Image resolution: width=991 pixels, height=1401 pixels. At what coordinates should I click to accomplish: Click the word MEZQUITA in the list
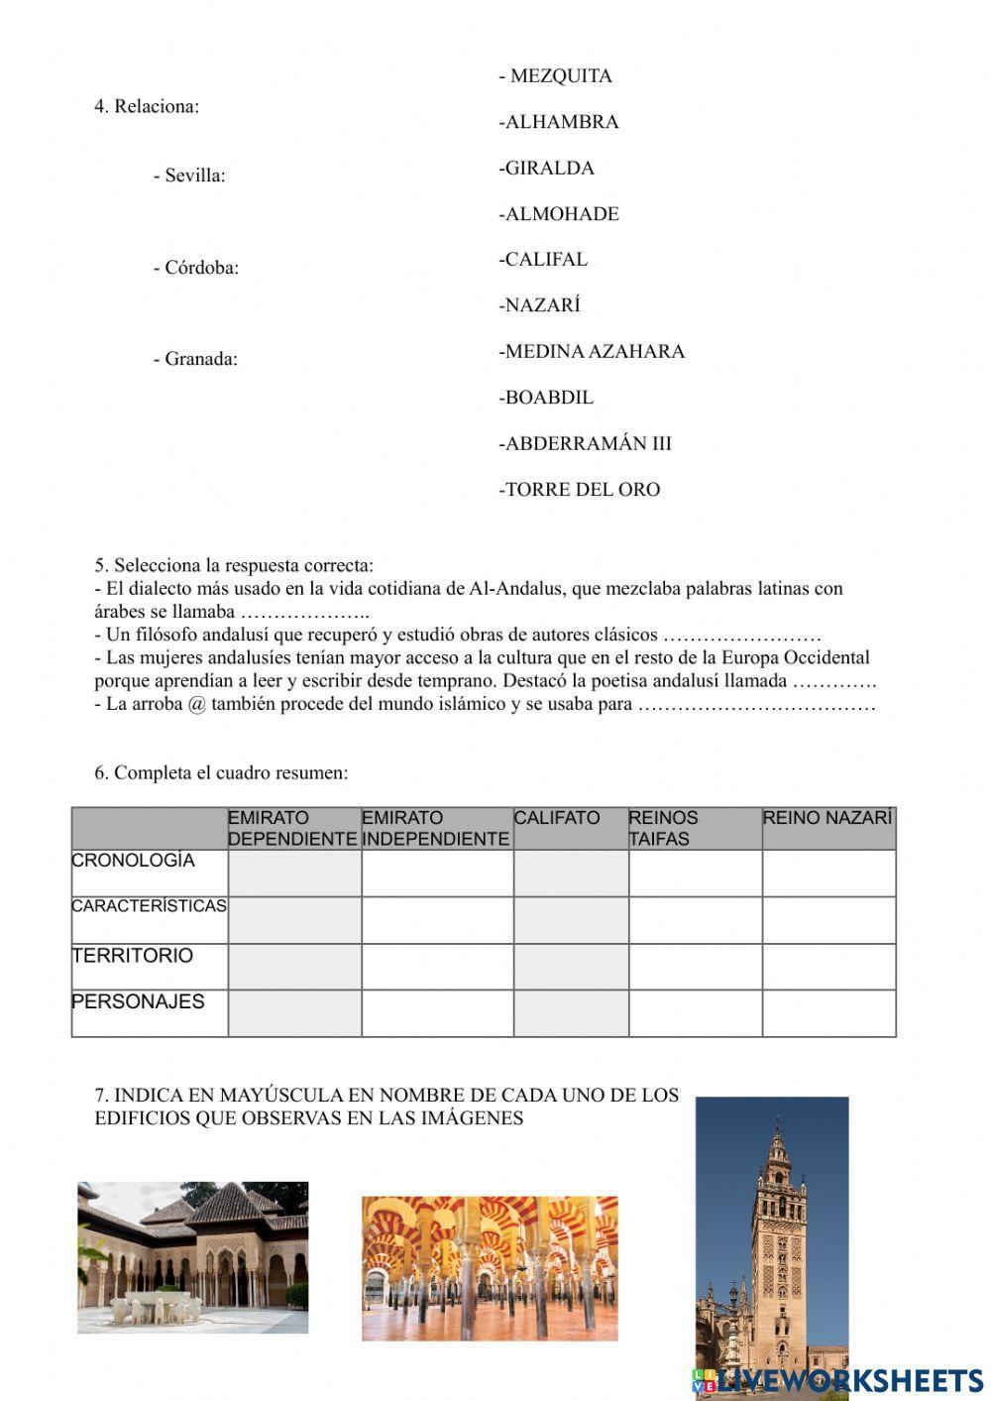point(560,76)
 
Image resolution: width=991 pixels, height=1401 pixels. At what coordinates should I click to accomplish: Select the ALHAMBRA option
point(561,122)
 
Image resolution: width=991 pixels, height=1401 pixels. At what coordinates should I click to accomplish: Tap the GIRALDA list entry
point(549,168)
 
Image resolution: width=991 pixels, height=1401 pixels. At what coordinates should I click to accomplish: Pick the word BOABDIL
point(549,398)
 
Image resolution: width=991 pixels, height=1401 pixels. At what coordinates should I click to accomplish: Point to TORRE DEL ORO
point(582,489)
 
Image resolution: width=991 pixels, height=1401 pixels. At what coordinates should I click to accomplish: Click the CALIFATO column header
point(557,819)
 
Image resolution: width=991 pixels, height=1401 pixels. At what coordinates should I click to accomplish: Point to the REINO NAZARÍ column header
point(827,819)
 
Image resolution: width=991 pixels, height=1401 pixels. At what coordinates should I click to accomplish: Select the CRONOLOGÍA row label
point(134,861)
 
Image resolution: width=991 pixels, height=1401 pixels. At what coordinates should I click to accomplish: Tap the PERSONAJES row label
point(139,1002)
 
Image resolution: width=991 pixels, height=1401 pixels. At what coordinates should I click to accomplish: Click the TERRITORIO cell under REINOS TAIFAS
point(695,967)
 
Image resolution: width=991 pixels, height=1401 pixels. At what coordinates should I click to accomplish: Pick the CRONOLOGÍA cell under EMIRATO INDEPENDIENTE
point(437,873)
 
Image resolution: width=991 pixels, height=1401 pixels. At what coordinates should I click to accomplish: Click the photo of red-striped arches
point(490,1268)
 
